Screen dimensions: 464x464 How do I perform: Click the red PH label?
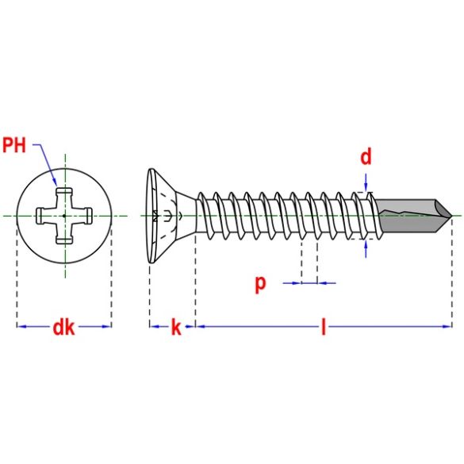15,144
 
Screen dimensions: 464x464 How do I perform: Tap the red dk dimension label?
63,327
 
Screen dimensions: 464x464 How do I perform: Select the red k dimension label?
175,327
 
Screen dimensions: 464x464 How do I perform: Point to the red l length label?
323,327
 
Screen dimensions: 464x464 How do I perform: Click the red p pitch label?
260,283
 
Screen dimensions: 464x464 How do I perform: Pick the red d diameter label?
366,157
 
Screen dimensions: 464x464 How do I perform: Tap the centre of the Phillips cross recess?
63,215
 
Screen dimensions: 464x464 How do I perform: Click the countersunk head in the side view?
163,215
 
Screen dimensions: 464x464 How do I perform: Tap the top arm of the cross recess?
63,194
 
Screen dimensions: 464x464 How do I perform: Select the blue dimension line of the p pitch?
309,282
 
